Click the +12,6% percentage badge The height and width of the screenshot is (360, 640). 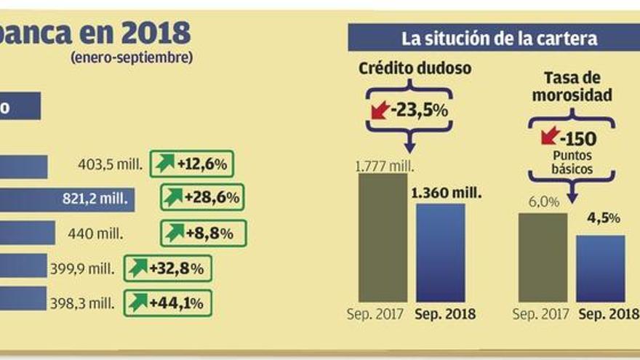tap(193, 164)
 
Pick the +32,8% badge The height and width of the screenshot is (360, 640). tap(167, 268)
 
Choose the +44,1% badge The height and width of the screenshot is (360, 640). tap(168, 303)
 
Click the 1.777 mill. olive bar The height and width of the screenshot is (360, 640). tap(383, 237)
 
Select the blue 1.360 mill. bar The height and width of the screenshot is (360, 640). tap(440, 252)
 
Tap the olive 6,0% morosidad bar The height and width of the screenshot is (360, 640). tap(542, 257)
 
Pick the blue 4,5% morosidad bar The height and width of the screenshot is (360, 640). tap(600, 268)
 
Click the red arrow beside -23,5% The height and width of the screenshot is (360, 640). tap(380, 111)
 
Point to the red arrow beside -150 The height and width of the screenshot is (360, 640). tap(551, 135)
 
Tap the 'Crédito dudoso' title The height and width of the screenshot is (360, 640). tap(415, 69)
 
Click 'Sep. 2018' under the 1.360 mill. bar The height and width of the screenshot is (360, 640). tap(445, 315)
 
